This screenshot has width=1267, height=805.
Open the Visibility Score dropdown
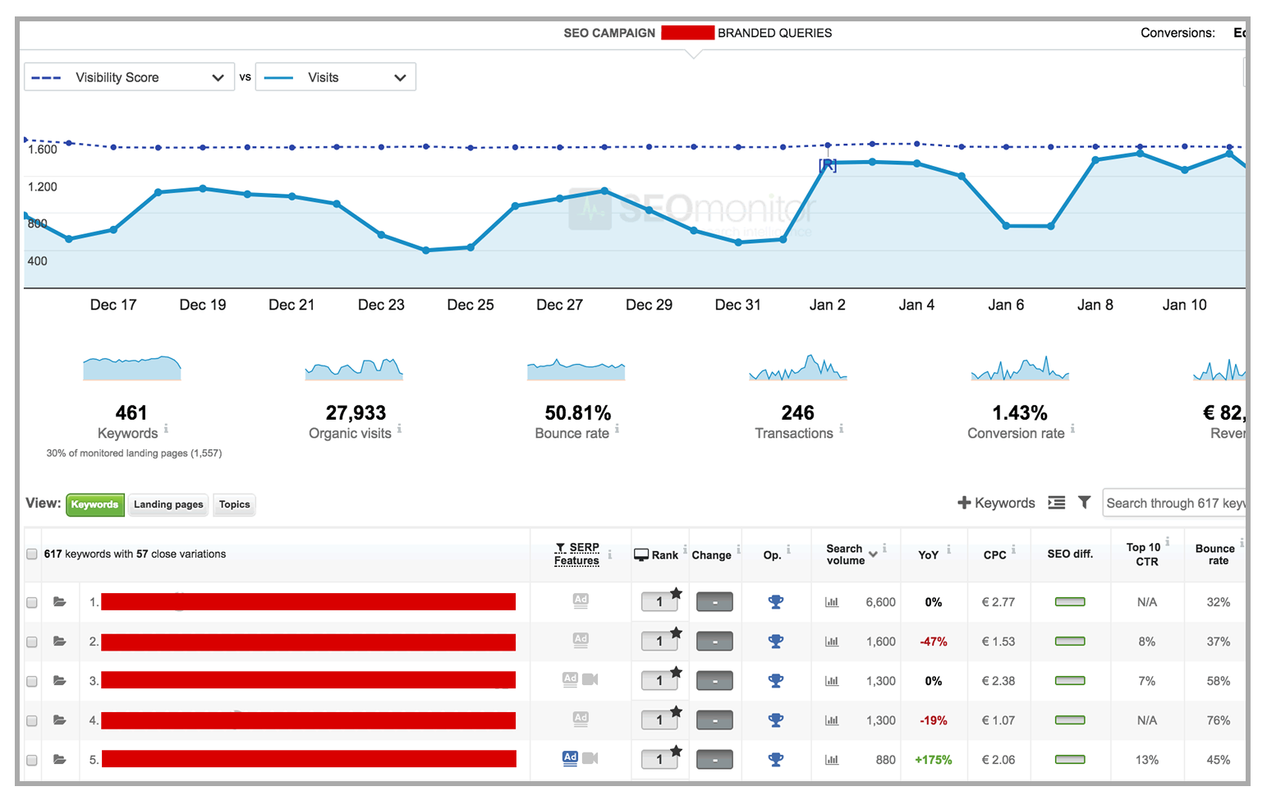click(129, 77)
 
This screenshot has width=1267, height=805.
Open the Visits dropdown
click(335, 77)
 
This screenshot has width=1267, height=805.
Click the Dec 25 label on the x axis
click(471, 305)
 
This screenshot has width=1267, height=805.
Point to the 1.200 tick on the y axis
click(43, 186)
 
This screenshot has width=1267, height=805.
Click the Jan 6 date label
click(1006, 305)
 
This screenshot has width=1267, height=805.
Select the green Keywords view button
click(94, 504)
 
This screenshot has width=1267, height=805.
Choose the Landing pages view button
click(168, 504)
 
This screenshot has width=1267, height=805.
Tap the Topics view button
click(234, 504)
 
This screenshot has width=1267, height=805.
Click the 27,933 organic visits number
click(356, 412)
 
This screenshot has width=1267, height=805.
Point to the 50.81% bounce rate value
click(578, 412)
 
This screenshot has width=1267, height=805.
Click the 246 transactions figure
click(797, 412)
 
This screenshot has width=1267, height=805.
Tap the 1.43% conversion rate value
click(1020, 412)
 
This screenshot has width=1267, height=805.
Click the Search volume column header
click(846, 554)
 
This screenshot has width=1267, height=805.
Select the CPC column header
click(994, 555)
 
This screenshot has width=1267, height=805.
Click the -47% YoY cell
click(934, 642)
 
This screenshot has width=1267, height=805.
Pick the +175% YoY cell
click(934, 760)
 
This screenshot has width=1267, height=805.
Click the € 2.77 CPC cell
click(998, 602)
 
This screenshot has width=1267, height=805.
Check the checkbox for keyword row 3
click(32, 681)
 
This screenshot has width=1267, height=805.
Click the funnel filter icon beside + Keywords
click(1085, 503)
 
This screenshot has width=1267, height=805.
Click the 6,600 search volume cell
click(880, 602)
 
